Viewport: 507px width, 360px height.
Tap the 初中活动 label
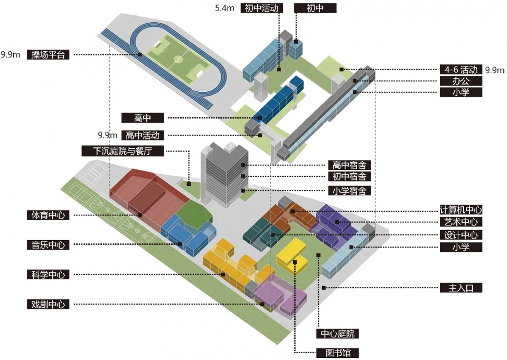(x=261, y=7)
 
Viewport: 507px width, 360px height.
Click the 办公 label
(x=461, y=81)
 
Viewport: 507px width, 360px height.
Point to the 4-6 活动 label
(x=461, y=70)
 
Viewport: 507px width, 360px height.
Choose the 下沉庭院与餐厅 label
(x=123, y=151)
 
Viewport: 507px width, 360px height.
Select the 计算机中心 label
(x=461, y=210)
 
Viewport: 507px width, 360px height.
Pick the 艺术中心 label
(x=461, y=222)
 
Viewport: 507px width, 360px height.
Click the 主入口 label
(x=461, y=288)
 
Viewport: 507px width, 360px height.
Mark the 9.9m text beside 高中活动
(x=107, y=135)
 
